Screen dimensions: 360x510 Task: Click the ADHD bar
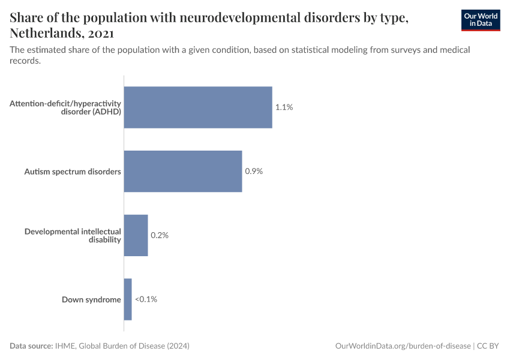[x=198, y=107]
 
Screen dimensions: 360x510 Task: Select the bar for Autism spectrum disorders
[x=183, y=171]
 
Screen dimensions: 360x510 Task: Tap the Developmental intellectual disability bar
[x=136, y=235]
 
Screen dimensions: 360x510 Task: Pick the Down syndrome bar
[x=128, y=299]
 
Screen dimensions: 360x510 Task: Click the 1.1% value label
[x=284, y=107]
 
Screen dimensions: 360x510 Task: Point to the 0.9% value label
[x=254, y=171]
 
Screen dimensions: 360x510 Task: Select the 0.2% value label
[x=160, y=235]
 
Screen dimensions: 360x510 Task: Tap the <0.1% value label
[x=146, y=299]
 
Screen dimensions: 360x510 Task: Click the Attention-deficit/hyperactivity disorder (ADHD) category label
[x=65, y=107]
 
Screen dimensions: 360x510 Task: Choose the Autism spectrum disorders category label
[x=73, y=172]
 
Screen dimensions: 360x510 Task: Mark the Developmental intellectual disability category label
[x=73, y=235]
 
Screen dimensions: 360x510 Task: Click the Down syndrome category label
[x=91, y=299]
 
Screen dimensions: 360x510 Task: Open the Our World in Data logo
[x=480, y=20]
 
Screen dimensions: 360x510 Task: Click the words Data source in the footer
[x=31, y=346]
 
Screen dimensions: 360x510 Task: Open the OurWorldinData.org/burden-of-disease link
[x=403, y=346]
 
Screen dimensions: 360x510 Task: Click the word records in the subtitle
[x=25, y=61]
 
